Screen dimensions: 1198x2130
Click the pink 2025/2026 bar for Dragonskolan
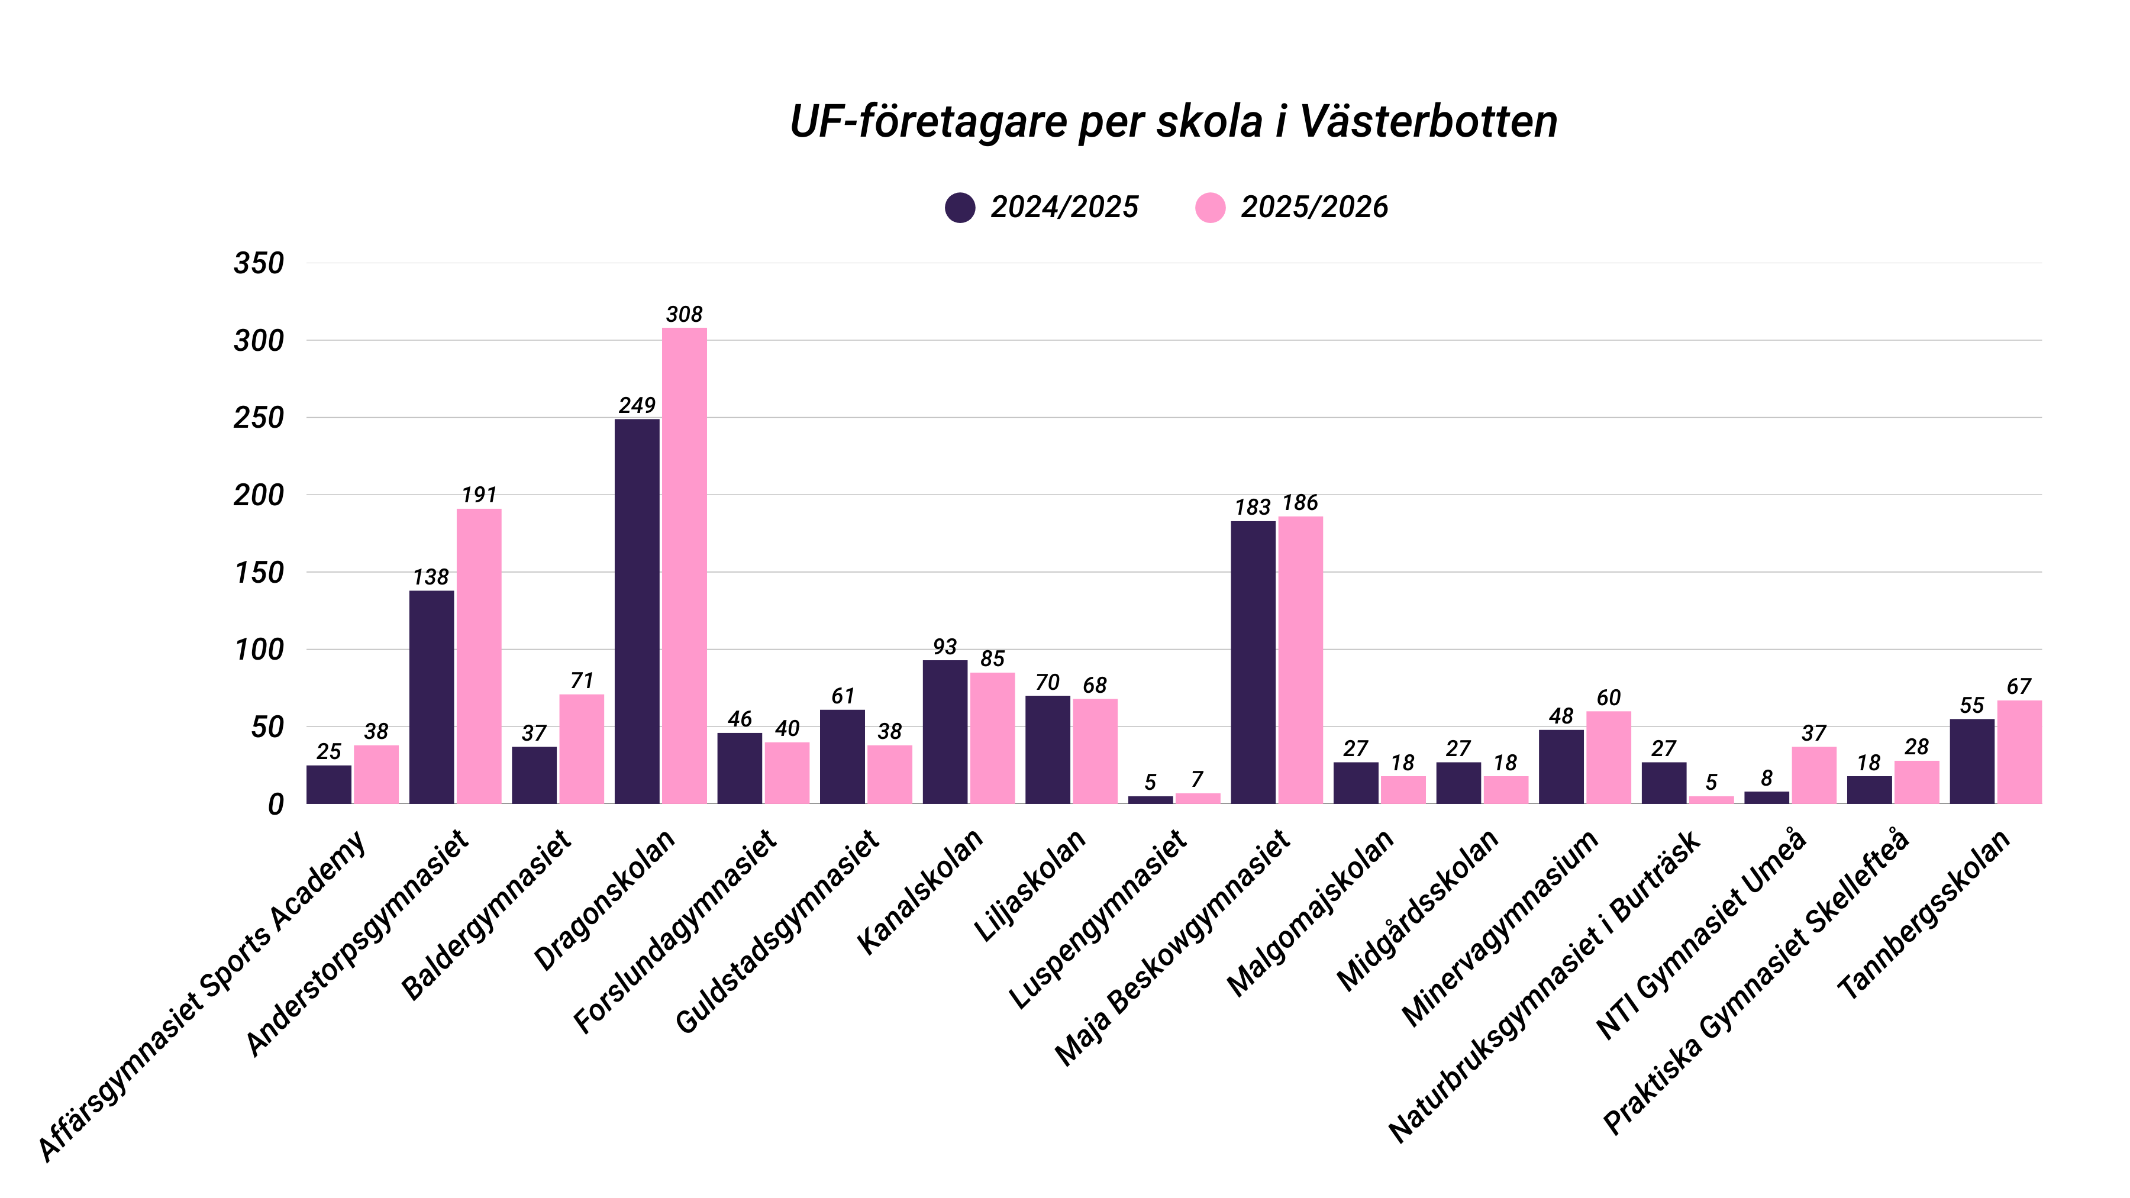click(684, 566)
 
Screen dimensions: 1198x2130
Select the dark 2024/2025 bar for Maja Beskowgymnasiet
click(1252, 661)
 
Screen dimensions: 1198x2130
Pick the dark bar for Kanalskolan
click(944, 732)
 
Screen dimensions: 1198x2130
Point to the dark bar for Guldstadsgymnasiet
click(842, 757)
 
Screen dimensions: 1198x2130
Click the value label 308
click(684, 314)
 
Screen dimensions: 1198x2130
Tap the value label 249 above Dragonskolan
click(637, 405)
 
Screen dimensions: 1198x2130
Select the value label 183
click(1252, 507)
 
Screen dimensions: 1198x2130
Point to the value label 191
click(479, 495)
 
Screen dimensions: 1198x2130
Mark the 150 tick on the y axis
click(259, 572)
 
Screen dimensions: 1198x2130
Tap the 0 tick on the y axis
click(275, 803)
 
